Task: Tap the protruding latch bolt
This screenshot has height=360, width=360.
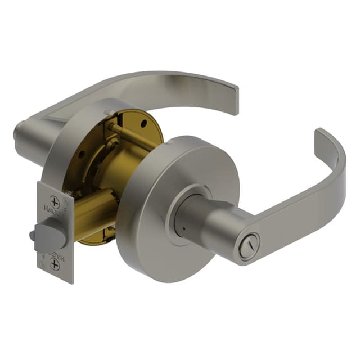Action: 46,236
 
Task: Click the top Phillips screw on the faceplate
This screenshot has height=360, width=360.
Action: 55,201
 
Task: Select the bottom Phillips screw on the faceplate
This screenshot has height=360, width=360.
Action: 55,264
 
